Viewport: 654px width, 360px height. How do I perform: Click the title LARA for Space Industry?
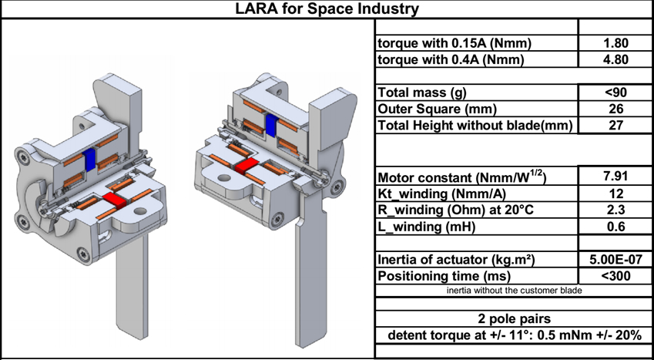pyautogui.click(x=327, y=8)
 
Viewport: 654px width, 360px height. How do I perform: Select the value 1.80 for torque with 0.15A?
pyautogui.click(x=615, y=43)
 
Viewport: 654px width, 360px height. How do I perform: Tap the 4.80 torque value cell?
pyautogui.click(x=615, y=59)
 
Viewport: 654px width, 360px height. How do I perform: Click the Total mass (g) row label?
pyautogui.click(x=422, y=93)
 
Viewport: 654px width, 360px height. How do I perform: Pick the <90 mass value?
pyautogui.click(x=615, y=93)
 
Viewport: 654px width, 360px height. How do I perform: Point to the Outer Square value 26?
pyautogui.click(x=615, y=109)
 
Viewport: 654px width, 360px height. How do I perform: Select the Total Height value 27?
pyautogui.click(x=615, y=126)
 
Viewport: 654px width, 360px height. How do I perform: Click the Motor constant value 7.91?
pyautogui.click(x=615, y=177)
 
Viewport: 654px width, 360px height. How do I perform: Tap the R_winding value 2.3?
pyautogui.click(x=615, y=210)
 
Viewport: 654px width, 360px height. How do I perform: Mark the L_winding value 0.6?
pyautogui.click(x=615, y=227)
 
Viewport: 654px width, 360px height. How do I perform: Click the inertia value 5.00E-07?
pyautogui.click(x=615, y=259)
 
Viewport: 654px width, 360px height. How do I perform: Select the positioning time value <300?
pyautogui.click(x=615, y=276)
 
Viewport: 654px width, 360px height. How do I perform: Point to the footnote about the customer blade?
pyautogui.click(x=514, y=291)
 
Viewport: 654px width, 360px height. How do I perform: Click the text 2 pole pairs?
pyautogui.click(x=514, y=319)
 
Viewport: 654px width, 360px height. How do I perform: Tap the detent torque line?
pyautogui.click(x=514, y=335)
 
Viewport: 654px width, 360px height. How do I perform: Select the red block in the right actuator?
pyautogui.click(x=244, y=166)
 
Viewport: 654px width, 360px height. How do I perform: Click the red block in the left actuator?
pyautogui.click(x=115, y=201)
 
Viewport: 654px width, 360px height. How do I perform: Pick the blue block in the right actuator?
pyautogui.click(x=271, y=124)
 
